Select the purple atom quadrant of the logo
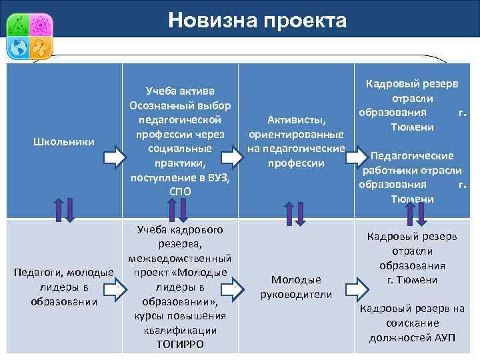(x=41, y=24)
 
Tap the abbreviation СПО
(x=180, y=192)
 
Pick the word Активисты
(x=296, y=120)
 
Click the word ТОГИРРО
(x=180, y=345)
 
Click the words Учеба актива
(x=180, y=91)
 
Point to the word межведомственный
(x=180, y=258)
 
